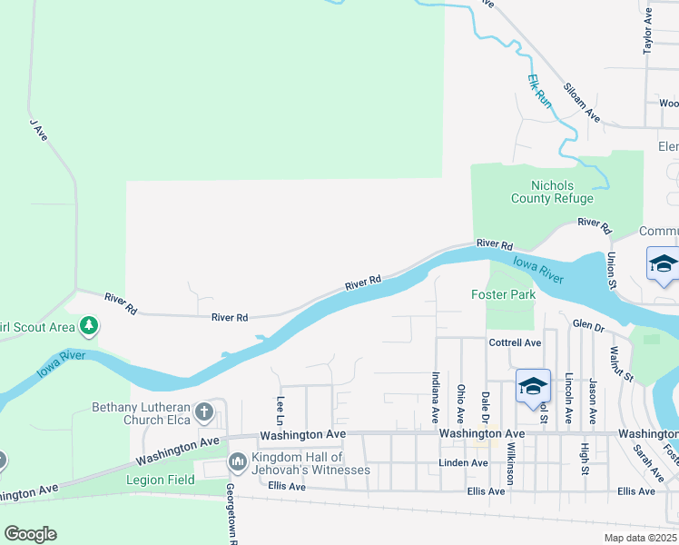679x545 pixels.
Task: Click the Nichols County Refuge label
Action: [552, 192]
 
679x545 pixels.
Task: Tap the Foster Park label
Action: [503, 294]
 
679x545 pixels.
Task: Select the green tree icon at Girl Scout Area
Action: [88, 324]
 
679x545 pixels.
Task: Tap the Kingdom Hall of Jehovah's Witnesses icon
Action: [239, 463]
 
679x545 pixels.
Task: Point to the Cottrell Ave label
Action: [515, 342]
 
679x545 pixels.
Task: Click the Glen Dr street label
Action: [587, 323]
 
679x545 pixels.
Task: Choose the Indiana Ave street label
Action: [436, 397]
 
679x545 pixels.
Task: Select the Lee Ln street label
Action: [280, 410]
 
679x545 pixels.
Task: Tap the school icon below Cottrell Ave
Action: [533, 386]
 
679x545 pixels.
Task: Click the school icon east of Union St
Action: [663, 264]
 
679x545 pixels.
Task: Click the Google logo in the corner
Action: [30, 534]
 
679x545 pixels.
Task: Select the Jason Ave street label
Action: [592, 401]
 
